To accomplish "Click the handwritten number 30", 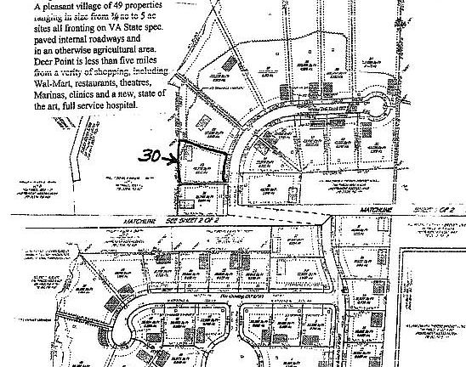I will [x=151, y=156].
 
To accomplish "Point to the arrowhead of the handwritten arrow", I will [x=176, y=157].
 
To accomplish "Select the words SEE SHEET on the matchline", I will [x=179, y=220].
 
